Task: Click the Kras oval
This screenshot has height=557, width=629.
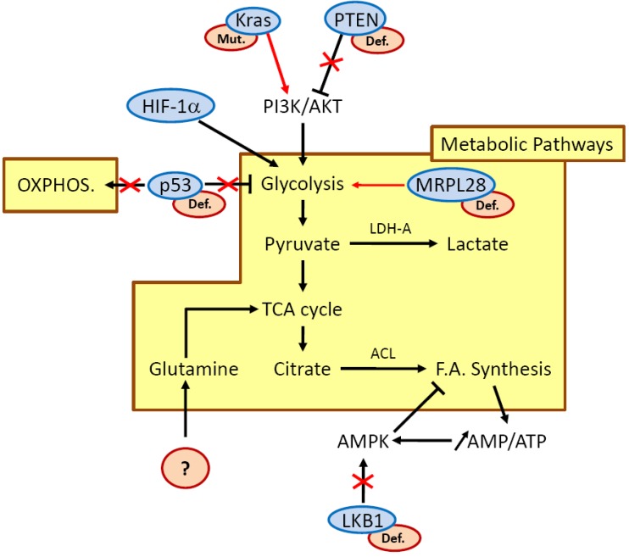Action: [253, 20]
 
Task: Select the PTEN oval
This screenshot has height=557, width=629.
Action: [355, 19]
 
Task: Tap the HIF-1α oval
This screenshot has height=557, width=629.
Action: [170, 106]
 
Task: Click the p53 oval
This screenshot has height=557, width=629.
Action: [175, 186]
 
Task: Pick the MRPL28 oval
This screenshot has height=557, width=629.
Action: [451, 185]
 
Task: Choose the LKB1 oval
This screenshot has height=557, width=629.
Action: [362, 521]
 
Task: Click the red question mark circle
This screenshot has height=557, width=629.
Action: [186, 468]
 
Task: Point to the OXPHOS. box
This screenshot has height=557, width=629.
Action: [60, 185]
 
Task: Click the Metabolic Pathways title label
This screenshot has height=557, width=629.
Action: [527, 144]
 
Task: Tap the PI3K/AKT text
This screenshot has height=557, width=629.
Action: [303, 107]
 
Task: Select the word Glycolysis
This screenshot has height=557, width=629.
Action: [303, 184]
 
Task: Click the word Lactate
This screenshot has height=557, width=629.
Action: [478, 244]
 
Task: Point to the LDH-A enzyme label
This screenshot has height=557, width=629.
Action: [390, 229]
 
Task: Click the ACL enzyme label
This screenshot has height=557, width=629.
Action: [383, 354]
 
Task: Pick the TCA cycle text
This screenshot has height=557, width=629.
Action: [302, 309]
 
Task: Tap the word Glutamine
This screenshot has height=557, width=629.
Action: [194, 369]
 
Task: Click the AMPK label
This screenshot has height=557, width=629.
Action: [363, 442]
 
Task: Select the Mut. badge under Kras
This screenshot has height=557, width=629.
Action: [231, 39]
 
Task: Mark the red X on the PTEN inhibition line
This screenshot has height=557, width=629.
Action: [331, 62]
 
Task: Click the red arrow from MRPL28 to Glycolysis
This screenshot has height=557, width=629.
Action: [378, 185]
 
